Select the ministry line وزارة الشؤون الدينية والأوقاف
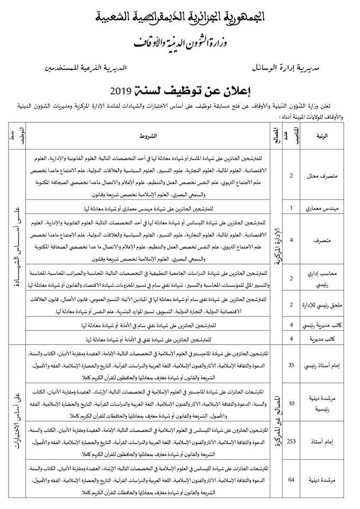point(180,40)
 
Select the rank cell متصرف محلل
point(322,175)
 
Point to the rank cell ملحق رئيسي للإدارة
point(322,304)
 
